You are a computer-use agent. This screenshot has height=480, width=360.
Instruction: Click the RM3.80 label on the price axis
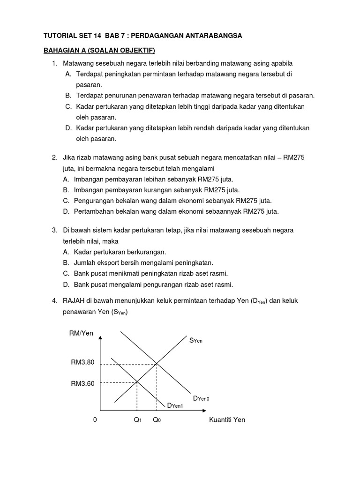[x=82, y=362]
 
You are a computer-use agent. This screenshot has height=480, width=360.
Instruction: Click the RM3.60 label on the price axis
[x=82, y=383]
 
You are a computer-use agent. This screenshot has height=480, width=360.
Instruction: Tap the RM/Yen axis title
[x=81, y=333]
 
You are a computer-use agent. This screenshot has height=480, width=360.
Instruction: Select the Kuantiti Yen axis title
[x=227, y=420]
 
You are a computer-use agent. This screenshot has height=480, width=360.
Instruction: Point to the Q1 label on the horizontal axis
[x=137, y=420]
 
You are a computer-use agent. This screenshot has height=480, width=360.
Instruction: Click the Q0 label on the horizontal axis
[x=157, y=420]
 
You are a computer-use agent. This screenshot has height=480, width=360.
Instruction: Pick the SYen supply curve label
[x=195, y=341]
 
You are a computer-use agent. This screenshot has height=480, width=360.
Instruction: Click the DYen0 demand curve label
[x=201, y=398]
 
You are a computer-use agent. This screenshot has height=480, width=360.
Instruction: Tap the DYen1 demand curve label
[x=175, y=405]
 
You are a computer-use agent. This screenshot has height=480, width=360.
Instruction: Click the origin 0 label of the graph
[x=95, y=420]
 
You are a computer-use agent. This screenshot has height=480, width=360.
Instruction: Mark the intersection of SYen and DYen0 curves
[x=157, y=363]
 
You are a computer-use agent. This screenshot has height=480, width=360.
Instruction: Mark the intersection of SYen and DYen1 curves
[x=137, y=382]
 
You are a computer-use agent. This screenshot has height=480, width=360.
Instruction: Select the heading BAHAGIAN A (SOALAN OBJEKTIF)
[x=99, y=50]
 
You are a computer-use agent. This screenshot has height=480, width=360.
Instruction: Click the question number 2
[x=54, y=157]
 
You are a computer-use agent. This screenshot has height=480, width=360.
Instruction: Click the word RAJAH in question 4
[x=73, y=300]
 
